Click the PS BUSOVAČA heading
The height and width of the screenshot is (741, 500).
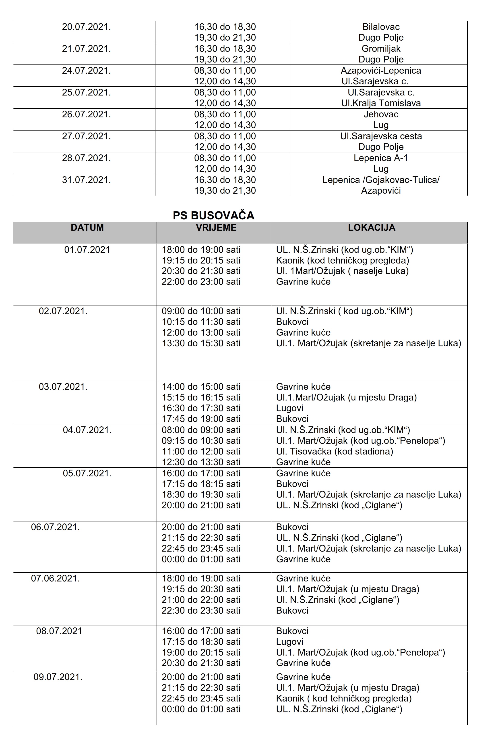click(213, 216)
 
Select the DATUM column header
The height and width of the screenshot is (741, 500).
click(87, 228)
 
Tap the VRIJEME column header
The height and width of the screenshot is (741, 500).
click(216, 228)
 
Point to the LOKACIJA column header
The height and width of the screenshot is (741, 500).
click(372, 228)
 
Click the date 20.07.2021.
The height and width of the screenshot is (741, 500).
click(86, 27)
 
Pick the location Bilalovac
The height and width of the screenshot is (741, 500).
click(381, 27)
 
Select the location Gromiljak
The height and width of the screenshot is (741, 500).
click(381, 49)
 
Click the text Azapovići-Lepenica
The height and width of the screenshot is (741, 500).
click(381, 71)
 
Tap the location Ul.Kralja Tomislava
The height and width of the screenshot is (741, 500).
click(381, 103)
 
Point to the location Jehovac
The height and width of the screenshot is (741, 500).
click(381, 114)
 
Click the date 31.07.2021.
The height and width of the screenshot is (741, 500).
click(86, 180)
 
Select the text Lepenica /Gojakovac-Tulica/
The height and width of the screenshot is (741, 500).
click(381, 180)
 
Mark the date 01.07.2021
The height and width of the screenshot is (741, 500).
click(87, 250)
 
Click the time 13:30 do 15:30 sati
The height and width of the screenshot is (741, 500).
click(201, 343)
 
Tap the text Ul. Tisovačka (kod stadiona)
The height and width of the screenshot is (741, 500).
click(335, 451)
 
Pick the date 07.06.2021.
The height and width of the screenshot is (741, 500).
click(56, 578)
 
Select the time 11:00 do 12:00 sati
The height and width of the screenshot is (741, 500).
click(201, 451)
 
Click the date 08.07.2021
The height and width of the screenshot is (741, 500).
click(59, 631)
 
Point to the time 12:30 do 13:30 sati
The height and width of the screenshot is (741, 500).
click(201, 462)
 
